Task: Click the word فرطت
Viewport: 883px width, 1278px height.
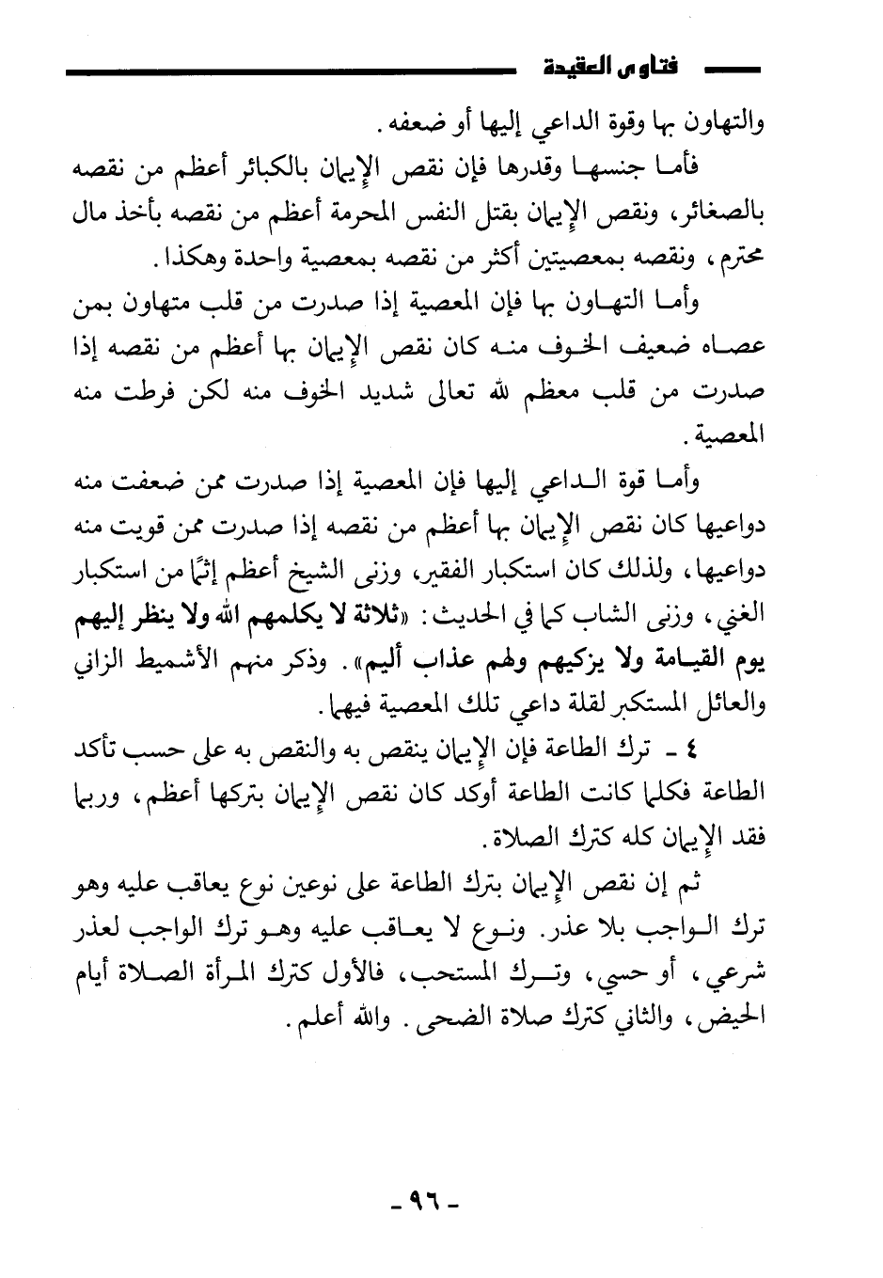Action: (127, 392)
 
